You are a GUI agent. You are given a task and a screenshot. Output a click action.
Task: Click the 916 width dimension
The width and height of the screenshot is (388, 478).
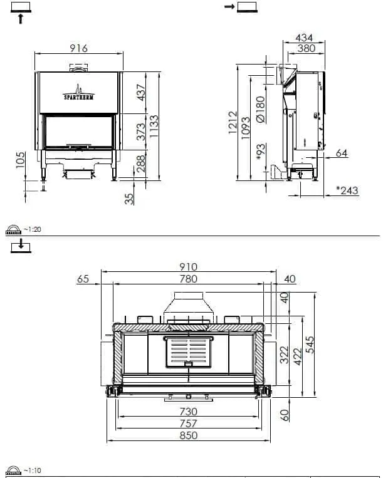coord(79,48)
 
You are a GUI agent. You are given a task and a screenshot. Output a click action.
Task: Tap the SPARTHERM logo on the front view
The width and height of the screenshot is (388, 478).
coord(79,93)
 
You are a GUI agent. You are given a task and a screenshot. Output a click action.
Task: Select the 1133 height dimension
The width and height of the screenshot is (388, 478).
coord(154,126)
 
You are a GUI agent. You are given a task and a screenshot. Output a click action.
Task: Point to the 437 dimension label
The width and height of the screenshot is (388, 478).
coord(141,92)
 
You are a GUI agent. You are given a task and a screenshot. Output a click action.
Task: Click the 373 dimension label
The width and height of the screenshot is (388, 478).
coord(141,132)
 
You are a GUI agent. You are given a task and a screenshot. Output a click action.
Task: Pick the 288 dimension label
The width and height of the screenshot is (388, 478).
coord(140,164)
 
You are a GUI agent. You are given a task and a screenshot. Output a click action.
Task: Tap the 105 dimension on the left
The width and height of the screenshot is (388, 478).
coord(21,160)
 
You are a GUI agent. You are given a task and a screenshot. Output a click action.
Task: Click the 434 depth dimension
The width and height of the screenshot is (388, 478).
coord(304,38)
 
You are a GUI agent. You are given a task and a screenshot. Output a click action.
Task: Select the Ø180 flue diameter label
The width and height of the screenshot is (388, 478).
coord(261,110)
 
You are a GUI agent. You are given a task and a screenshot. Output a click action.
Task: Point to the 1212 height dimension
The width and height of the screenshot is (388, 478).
coord(233,122)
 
